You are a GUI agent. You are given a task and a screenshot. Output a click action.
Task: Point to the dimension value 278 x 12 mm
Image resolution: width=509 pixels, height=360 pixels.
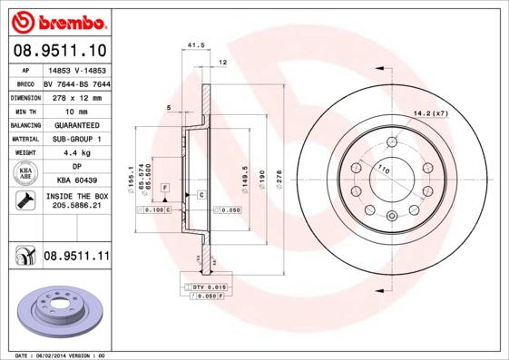[x=76, y=97]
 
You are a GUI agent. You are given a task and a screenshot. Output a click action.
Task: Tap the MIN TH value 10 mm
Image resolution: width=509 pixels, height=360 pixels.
[x=76, y=111]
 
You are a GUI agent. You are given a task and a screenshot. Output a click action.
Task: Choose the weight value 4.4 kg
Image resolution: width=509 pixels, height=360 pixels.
[x=76, y=152]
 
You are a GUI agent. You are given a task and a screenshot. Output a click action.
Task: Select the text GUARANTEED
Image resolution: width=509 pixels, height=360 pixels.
[x=76, y=124]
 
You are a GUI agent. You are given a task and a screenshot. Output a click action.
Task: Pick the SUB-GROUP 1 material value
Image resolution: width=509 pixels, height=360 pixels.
[x=76, y=139]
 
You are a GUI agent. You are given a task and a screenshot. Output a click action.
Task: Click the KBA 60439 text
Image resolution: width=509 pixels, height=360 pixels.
[x=76, y=180]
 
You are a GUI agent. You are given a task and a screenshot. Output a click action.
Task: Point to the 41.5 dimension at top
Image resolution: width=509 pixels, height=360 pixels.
[x=192, y=44]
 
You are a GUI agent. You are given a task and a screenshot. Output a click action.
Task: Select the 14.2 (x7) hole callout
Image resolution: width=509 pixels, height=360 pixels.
[x=431, y=112]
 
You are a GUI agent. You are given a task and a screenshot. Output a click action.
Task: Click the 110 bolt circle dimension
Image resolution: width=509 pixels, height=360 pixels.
[x=383, y=170]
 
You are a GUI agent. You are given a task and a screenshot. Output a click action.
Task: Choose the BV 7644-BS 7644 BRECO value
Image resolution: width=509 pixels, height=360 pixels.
[x=76, y=83]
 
